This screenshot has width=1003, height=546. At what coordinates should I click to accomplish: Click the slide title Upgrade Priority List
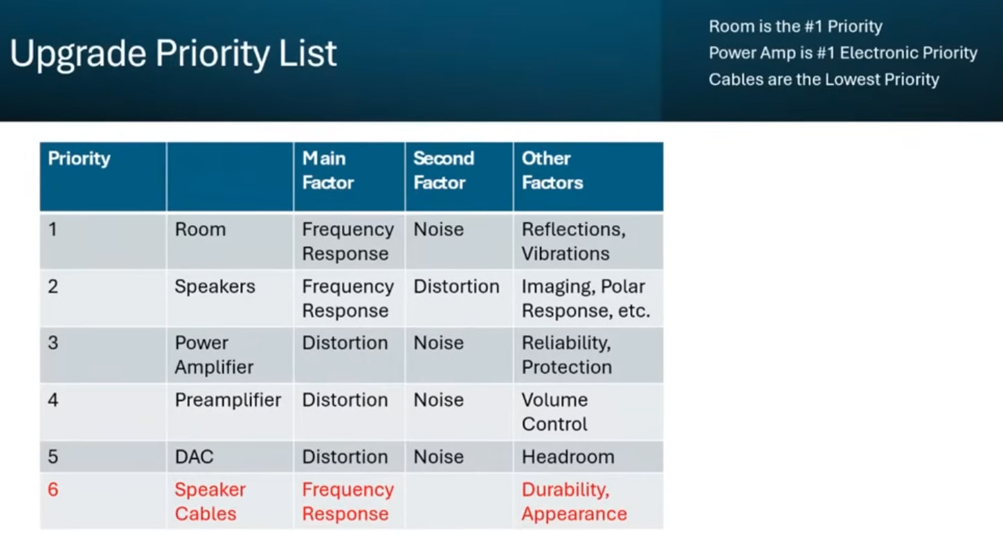pos(173,54)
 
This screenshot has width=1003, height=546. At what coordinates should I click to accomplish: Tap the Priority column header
pos(79,158)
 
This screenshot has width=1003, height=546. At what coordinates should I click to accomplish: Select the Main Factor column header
pos(328,170)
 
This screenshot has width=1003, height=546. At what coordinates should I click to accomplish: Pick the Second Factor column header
pos(443,170)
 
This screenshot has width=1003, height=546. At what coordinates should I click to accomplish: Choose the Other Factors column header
pos(552,170)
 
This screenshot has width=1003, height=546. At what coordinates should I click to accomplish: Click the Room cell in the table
pos(200,230)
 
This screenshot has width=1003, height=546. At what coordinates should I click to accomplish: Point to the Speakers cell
pos(215,286)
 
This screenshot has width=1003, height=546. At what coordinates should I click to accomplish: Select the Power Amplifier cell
pos(214,355)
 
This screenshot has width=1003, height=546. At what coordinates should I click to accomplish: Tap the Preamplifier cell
pos(228,400)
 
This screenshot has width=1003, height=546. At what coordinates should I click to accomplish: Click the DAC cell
pos(194,457)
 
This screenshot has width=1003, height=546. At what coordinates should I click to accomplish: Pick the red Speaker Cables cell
pos(210,502)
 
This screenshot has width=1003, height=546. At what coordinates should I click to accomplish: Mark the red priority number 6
pos(53,490)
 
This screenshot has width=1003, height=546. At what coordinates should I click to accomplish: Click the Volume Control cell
pos(554,412)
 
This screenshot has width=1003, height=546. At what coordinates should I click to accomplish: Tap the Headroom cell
pos(568,457)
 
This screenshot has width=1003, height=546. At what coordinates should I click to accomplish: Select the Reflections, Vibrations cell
pos(574,242)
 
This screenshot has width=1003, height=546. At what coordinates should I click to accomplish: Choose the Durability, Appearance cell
pos(574,502)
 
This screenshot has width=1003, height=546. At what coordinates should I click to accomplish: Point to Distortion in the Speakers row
pos(456,286)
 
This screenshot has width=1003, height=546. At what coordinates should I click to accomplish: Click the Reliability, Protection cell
pos(566,355)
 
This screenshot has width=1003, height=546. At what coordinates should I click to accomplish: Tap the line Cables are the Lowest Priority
pos(824,80)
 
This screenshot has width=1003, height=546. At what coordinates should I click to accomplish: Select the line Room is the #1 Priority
pos(795,26)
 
